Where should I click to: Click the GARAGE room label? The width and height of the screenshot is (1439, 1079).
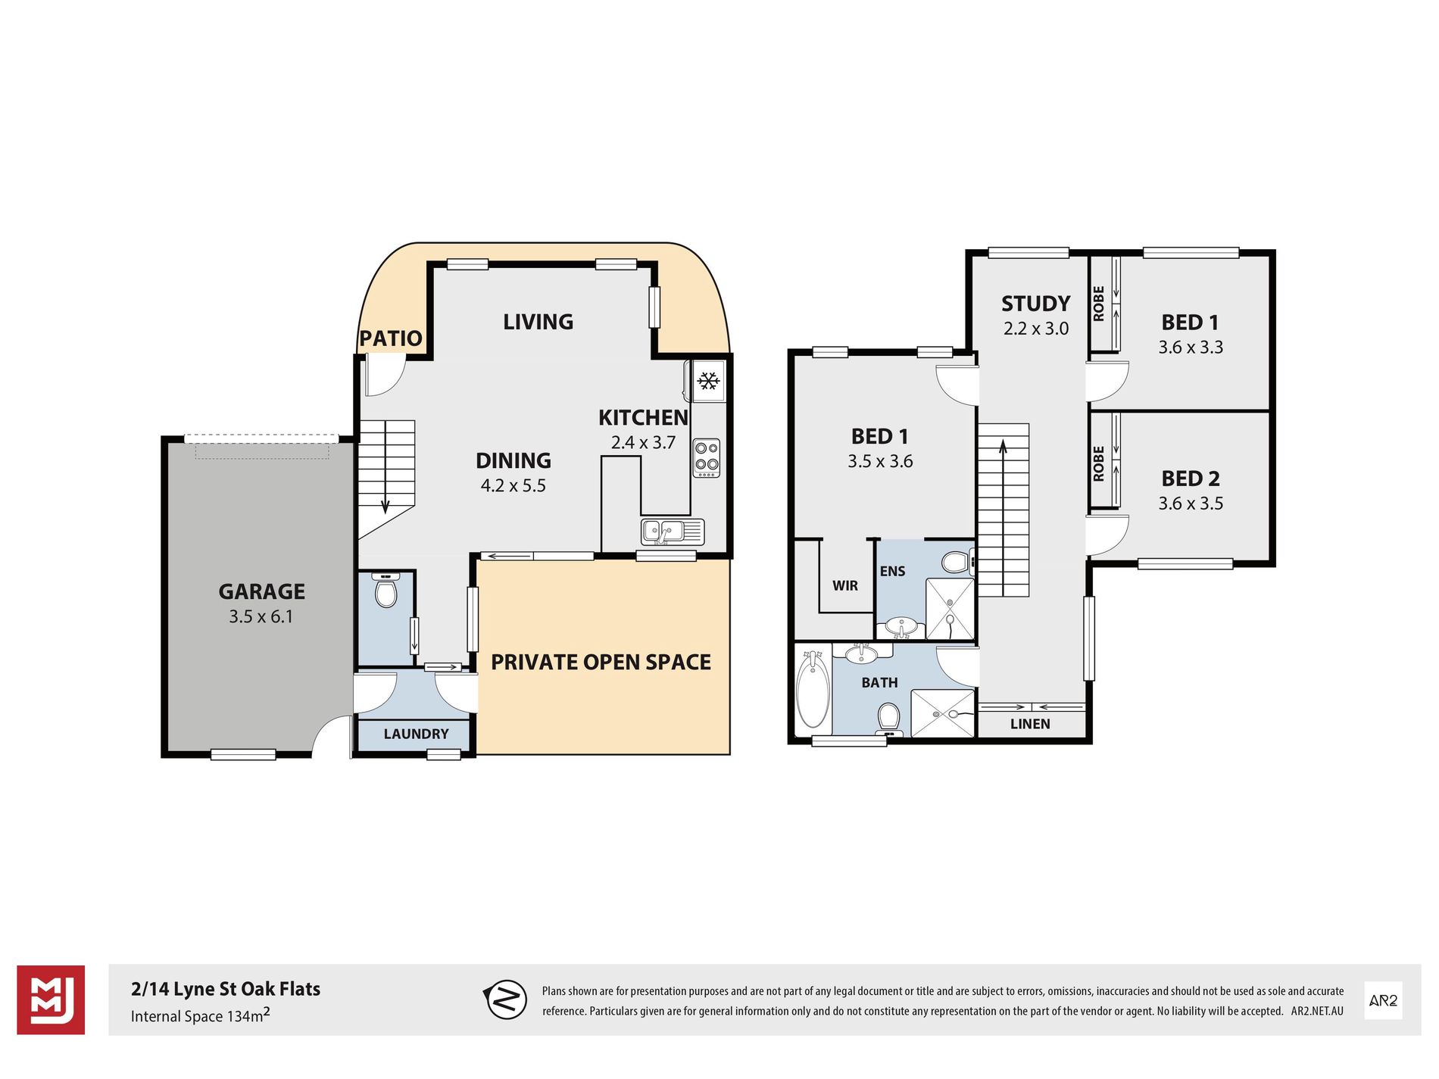tap(261, 591)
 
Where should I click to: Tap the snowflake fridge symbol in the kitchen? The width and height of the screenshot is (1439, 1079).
tap(708, 381)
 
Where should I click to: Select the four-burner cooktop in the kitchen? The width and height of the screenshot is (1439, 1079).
tap(707, 458)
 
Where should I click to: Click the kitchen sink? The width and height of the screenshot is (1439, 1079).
tap(673, 532)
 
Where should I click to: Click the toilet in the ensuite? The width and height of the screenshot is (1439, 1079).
tap(957, 562)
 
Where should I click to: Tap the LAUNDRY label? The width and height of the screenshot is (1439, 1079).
tap(416, 734)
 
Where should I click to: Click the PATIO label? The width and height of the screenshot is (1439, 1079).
tap(390, 338)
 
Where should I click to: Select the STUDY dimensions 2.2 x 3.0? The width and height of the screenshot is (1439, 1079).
tap(1036, 329)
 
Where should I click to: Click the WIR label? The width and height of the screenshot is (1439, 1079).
tap(845, 585)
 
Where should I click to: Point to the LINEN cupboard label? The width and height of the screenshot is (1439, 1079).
tap(1030, 724)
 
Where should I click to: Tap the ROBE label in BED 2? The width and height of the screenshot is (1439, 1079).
tap(1099, 463)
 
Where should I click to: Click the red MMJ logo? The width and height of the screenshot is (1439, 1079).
tap(51, 999)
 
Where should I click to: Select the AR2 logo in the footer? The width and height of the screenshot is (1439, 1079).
tap(1383, 1000)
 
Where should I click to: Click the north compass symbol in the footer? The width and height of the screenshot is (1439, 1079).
tap(505, 999)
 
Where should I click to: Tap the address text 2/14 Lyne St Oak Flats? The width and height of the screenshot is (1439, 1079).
tap(226, 989)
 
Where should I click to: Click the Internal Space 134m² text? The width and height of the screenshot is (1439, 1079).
tap(201, 1015)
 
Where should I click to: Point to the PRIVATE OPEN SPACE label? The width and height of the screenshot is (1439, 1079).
tap(601, 662)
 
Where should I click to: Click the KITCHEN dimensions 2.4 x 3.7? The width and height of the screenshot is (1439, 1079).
tap(643, 442)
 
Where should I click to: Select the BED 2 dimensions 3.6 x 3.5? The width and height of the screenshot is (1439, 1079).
tap(1191, 504)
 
